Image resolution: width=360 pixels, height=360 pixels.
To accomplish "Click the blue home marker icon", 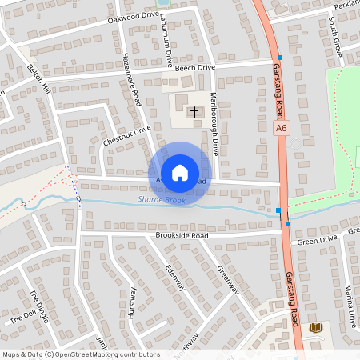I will click(x=180, y=172).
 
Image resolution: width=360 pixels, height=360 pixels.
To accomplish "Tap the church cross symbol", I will click(x=194, y=112).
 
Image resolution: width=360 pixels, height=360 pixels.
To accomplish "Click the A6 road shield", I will click(x=281, y=128).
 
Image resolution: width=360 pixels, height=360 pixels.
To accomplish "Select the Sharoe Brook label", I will click(x=162, y=200).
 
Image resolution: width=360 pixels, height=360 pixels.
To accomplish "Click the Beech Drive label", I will click(x=196, y=70).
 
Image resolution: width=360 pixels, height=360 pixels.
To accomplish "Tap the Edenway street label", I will click(x=174, y=278).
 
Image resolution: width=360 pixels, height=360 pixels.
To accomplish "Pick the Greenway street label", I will click(x=228, y=280).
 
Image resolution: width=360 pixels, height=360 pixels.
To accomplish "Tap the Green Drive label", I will click(x=318, y=238).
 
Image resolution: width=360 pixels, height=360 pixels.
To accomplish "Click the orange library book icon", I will click(x=316, y=328).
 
